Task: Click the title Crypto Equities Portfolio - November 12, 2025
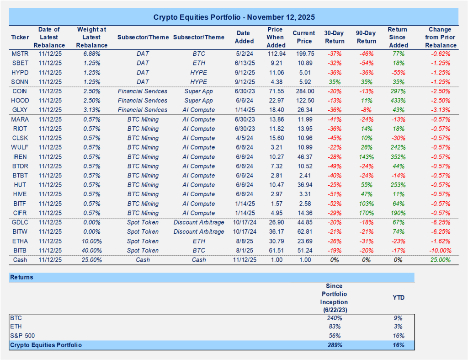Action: [x=234, y=17]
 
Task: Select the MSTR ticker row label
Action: [x=20, y=54]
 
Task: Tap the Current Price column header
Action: [x=304, y=37]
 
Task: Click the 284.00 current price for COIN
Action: [x=304, y=91]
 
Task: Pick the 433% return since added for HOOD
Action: [x=396, y=101]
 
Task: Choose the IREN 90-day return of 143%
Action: [x=365, y=157]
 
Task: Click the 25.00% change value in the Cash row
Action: [x=440, y=260]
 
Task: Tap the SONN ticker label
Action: [x=20, y=82]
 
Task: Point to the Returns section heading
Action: [x=22, y=277]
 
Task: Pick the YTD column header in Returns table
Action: [x=398, y=297]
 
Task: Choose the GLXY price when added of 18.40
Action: [x=275, y=110]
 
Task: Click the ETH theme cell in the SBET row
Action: [x=199, y=63]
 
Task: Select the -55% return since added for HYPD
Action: [x=396, y=73]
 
